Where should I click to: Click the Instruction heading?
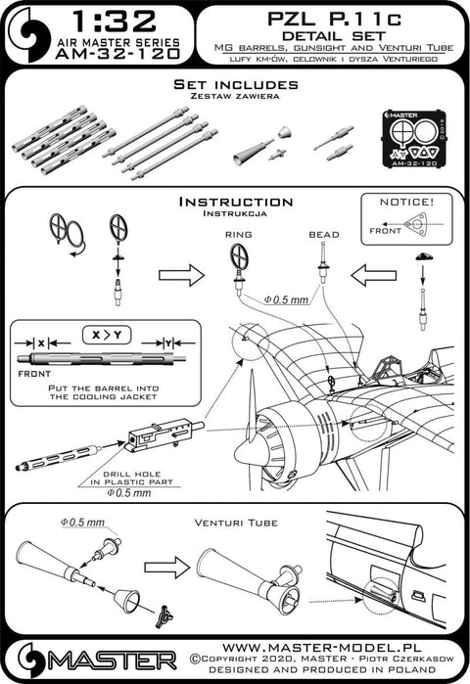pos(235,202)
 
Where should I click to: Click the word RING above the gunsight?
pos(238,236)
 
